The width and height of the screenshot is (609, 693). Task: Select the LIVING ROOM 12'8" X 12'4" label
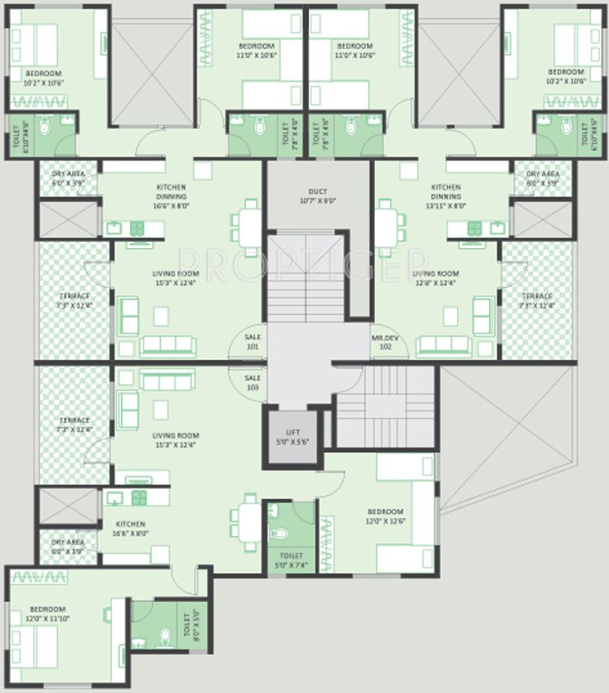click(x=435, y=278)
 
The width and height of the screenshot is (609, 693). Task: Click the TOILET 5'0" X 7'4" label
click(x=289, y=560)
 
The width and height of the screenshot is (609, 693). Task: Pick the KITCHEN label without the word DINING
click(x=130, y=528)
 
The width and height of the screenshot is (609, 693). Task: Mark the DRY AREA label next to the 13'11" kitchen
click(x=542, y=178)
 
